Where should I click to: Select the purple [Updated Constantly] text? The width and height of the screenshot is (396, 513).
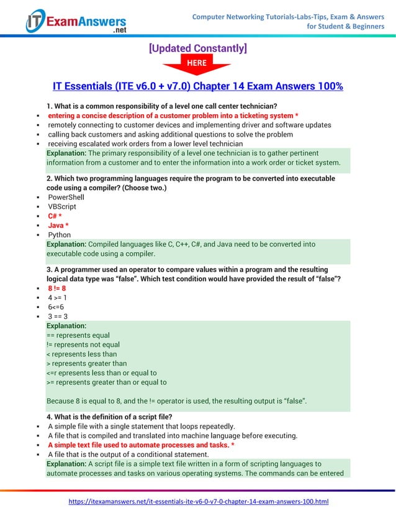pos(198,48)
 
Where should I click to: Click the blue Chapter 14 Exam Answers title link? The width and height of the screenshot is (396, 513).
pos(197,86)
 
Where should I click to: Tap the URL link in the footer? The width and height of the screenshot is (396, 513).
pos(198,501)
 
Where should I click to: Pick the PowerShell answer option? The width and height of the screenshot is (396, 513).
pos(66,197)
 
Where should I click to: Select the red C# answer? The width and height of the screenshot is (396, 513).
pos(55,216)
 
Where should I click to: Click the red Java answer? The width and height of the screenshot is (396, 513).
pos(58,225)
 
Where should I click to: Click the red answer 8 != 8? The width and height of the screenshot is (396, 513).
pos(57,288)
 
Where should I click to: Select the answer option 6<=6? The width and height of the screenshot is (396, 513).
pos(56,307)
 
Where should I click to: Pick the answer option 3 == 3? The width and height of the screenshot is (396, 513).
pos(58,316)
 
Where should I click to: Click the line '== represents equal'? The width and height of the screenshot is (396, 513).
pos(78,335)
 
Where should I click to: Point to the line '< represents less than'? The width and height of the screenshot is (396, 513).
pos(81,354)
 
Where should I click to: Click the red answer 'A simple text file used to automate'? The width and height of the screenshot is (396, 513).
pos(141,445)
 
